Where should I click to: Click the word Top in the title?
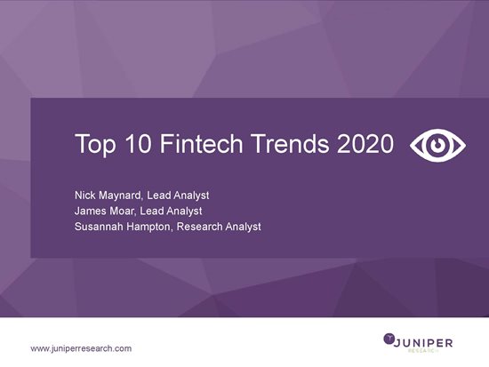click(x=95, y=144)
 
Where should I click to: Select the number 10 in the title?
click(x=139, y=143)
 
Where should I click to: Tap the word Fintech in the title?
click(x=201, y=143)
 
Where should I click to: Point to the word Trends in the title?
click(x=290, y=143)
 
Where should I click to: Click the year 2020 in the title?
click(x=365, y=143)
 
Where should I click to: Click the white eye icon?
click(x=437, y=146)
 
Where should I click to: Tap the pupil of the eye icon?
click(x=437, y=146)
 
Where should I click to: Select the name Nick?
click(x=85, y=195)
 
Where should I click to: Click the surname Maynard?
click(x=121, y=195)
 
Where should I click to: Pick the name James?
click(x=91, y=211)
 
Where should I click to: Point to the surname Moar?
click(x=123, y=211)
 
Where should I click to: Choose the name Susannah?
click(x=99, y=227)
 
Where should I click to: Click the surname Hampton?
click(x=149, y=227)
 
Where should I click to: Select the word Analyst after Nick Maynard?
click(x=191, y=195)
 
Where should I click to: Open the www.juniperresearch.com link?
click(x=81, y=348)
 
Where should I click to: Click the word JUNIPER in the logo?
click(x=423, y=343)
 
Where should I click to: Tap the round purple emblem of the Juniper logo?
click(x=389, y=339)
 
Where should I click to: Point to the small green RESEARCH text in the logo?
click(x=423, y=350)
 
